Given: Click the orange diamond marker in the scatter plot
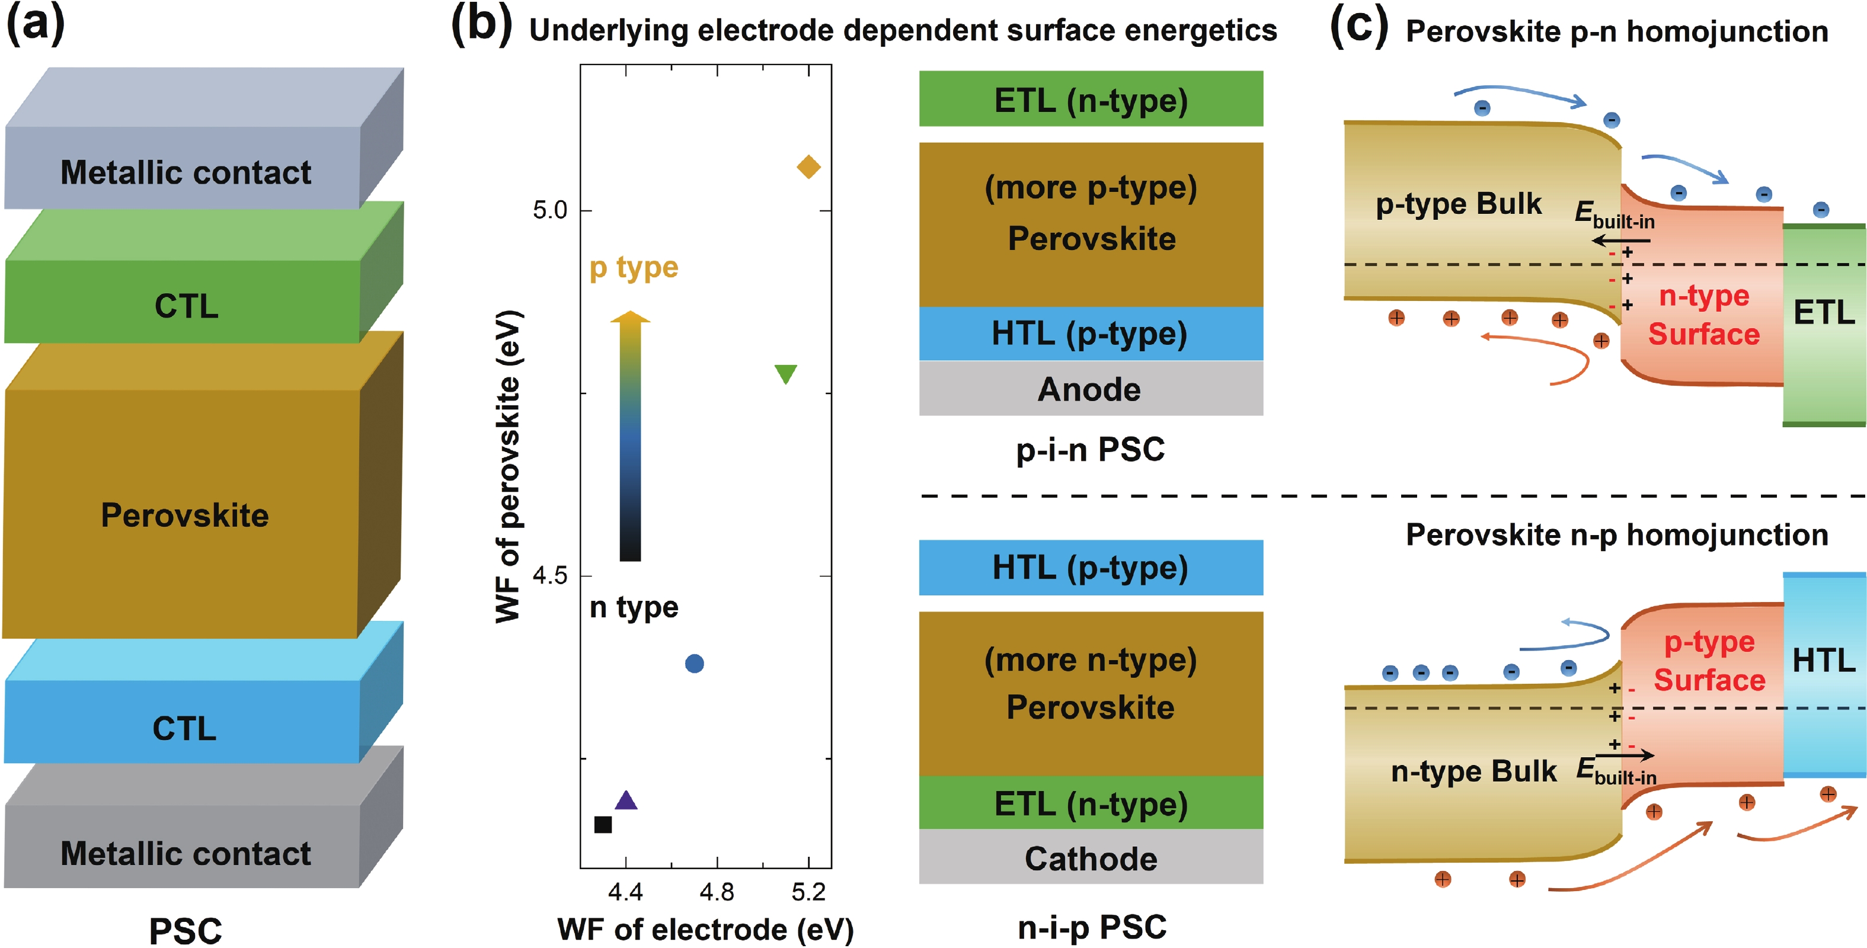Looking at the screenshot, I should pos(808,166).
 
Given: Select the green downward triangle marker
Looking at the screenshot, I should pos(786,373).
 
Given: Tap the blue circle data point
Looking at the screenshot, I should pos(694,663).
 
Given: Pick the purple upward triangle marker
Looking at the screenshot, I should pos(625,800).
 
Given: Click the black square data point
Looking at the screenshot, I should pos(603,825).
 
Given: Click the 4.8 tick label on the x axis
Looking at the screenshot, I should pos(717,892).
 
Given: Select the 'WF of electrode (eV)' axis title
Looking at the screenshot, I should pos(705,930).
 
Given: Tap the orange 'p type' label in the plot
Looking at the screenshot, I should pos(634,267).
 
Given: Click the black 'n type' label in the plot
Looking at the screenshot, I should pos(634,607).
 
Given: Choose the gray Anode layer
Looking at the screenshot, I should pos(1090,389).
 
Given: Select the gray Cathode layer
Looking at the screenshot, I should pos(1090,858).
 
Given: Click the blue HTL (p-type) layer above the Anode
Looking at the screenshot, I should pos(1090,334).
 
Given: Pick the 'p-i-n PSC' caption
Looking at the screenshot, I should pos(1090,449).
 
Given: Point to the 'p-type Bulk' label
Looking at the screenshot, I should pos(1458,204).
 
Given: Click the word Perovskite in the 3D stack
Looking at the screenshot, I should pos(185,515).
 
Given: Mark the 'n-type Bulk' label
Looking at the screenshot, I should pos(1473,771).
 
